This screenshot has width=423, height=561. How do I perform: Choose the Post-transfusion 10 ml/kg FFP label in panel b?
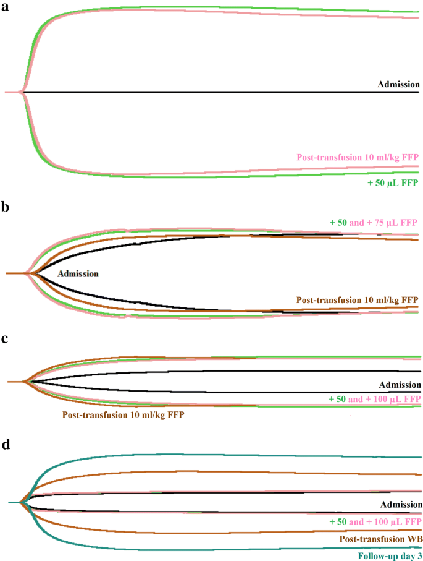coord(357,300)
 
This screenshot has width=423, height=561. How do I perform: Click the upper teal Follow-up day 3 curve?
coord(185,455)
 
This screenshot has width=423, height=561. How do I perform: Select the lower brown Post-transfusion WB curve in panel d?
coord(185,533)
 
